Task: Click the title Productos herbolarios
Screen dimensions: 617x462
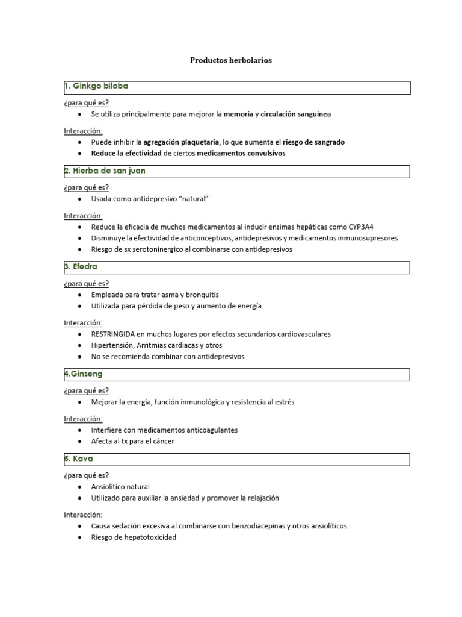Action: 231,60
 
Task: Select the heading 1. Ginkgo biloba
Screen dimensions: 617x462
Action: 96,86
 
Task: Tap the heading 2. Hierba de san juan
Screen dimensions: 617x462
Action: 105,171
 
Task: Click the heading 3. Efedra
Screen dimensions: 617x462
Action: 81,266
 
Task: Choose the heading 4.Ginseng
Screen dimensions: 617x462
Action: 83,374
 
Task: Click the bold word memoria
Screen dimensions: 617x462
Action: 239,114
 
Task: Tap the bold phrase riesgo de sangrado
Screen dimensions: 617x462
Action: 313,142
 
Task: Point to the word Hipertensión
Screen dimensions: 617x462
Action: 112,345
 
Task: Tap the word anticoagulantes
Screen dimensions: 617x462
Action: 206,430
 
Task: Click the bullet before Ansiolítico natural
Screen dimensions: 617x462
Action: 81,487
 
